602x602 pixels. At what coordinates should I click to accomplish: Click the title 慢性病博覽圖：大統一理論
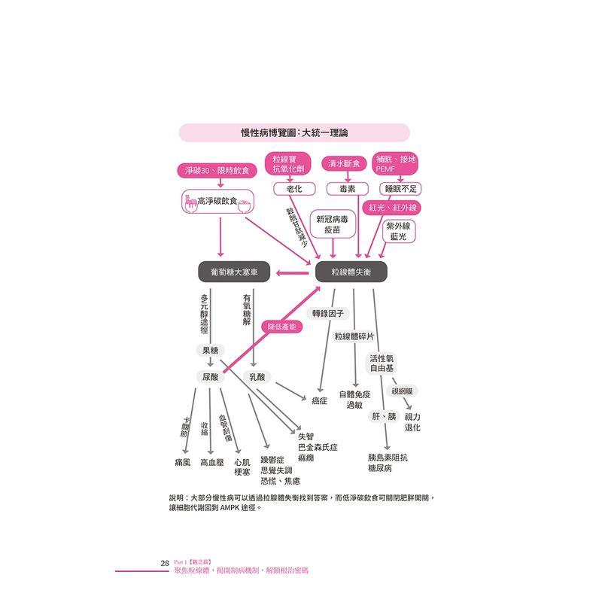pyautogui.click(x=294, y=133)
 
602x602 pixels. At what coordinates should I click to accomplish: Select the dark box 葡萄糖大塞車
pyautogui.click(x=233, y=272)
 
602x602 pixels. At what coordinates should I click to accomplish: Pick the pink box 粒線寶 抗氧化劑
pyautogui.click(x=290, y=164)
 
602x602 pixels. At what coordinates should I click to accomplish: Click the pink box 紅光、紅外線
pyautogui.click(x=394, y=207)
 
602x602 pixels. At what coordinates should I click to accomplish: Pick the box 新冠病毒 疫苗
pyautogui.click(x=332, y=225)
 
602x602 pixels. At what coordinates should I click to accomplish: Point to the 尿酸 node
pyautogui.click(x=211, y=376)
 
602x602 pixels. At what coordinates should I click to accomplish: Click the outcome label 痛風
pyautogui.click(x=182, y=462)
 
